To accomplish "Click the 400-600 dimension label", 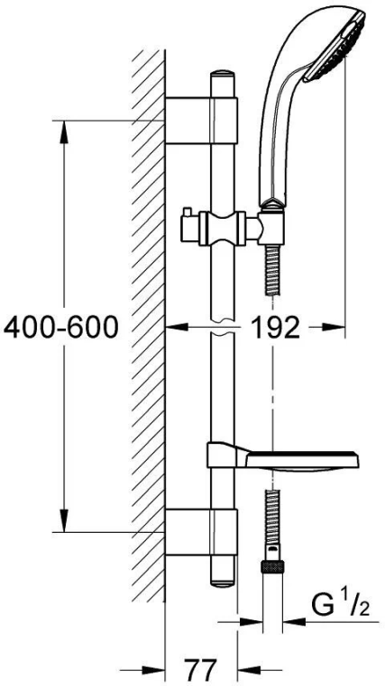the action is (x=61, y=328).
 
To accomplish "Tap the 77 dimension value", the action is (x=200, y=669).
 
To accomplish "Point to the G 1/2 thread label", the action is (x=340, y=607).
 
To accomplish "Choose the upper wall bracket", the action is (x=201, y=121).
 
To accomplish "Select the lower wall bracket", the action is (x=201, y=532).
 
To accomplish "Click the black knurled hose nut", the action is (x=272, y=567).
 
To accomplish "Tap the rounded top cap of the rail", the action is (x=223, y=75).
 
